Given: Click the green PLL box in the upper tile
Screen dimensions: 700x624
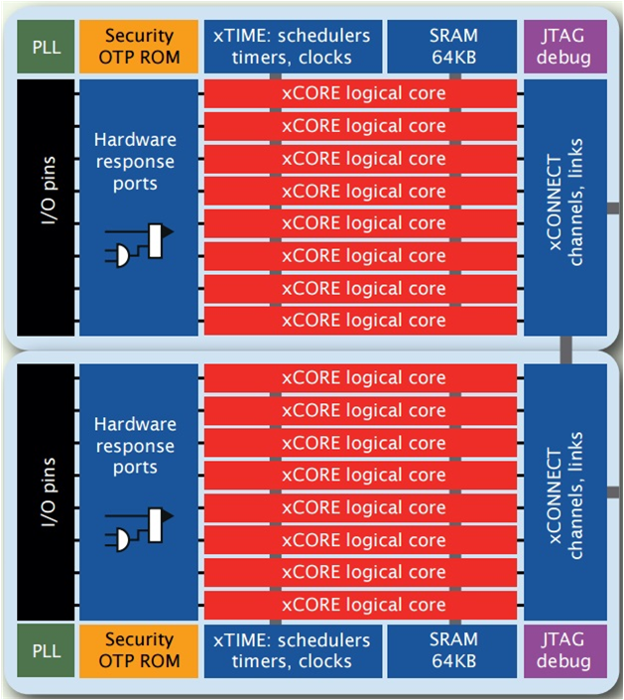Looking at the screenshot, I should pyautogui.click(x=40, y=46).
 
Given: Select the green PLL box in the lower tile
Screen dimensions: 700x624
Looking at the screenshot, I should pyautogui.click(x=40, y=650).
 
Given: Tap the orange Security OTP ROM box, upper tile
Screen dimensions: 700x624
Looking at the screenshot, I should pyautogui.click(x=139, y=46).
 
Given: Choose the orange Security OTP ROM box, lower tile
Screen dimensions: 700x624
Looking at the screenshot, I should pyautogui.click(x=139, y=650).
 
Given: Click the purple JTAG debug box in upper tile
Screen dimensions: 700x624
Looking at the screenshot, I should pyautogui.click(x=562, y=46).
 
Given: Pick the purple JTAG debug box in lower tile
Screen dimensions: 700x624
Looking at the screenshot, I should pyautogui.click(x=562, y=650).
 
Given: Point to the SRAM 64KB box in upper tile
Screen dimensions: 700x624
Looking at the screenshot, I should pyautogui.click(x=453, y=46).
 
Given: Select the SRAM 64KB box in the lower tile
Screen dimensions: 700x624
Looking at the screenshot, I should pyautogui.click(x=453, y=650).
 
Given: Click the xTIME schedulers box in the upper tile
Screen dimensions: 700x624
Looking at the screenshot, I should pyautogui.click(x=292, y=46).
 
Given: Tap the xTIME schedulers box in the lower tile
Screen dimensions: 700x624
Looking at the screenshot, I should pyautogui.click(x=292, y=650).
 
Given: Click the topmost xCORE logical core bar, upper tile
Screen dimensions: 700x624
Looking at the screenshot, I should pyautogui.click(x=362, y=94).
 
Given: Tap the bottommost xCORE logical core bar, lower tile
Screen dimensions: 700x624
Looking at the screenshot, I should pyautogui.click(x=362, y=605).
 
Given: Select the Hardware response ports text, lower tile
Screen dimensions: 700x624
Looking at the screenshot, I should pyautogui.click(x=135, y=446).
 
